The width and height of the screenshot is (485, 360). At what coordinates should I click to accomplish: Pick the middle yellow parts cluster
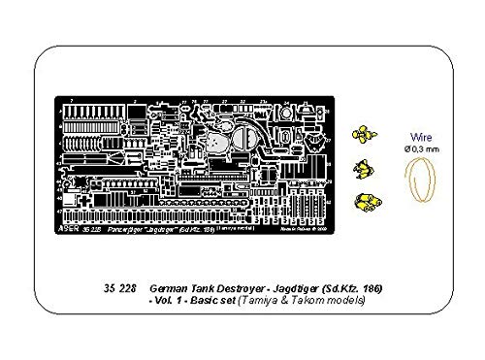click(x=362, y=168)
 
